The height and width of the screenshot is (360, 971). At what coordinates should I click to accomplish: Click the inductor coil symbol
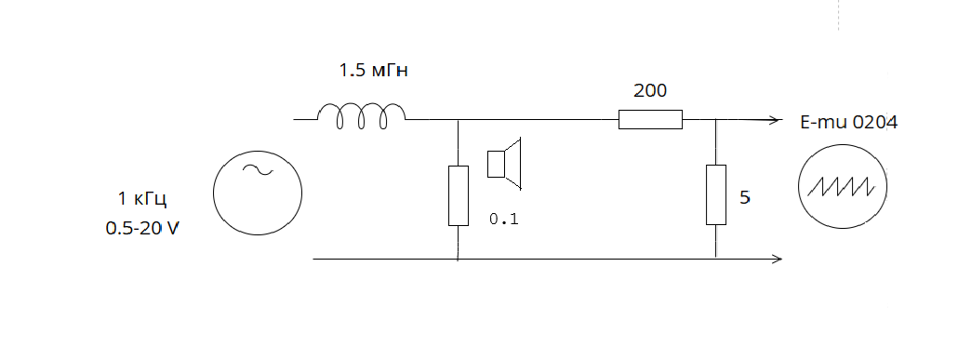[x=362, y=115]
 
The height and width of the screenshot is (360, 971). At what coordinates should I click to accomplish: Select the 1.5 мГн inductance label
[x=373, y=70]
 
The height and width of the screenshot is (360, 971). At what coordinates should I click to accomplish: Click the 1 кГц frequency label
[x=143, y=199]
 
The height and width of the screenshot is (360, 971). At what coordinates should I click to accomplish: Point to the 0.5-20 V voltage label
[x=142, y=228]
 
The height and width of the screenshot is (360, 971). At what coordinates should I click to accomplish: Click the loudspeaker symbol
[x=504, y=164]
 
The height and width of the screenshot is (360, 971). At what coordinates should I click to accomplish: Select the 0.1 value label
[x=504, y=219]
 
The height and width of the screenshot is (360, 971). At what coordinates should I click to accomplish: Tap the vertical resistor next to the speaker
[x=459, y=195]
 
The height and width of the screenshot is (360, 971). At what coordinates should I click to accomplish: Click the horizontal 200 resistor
[x=650, y=120]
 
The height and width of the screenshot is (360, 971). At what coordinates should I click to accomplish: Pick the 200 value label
[x=650, y=91]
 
